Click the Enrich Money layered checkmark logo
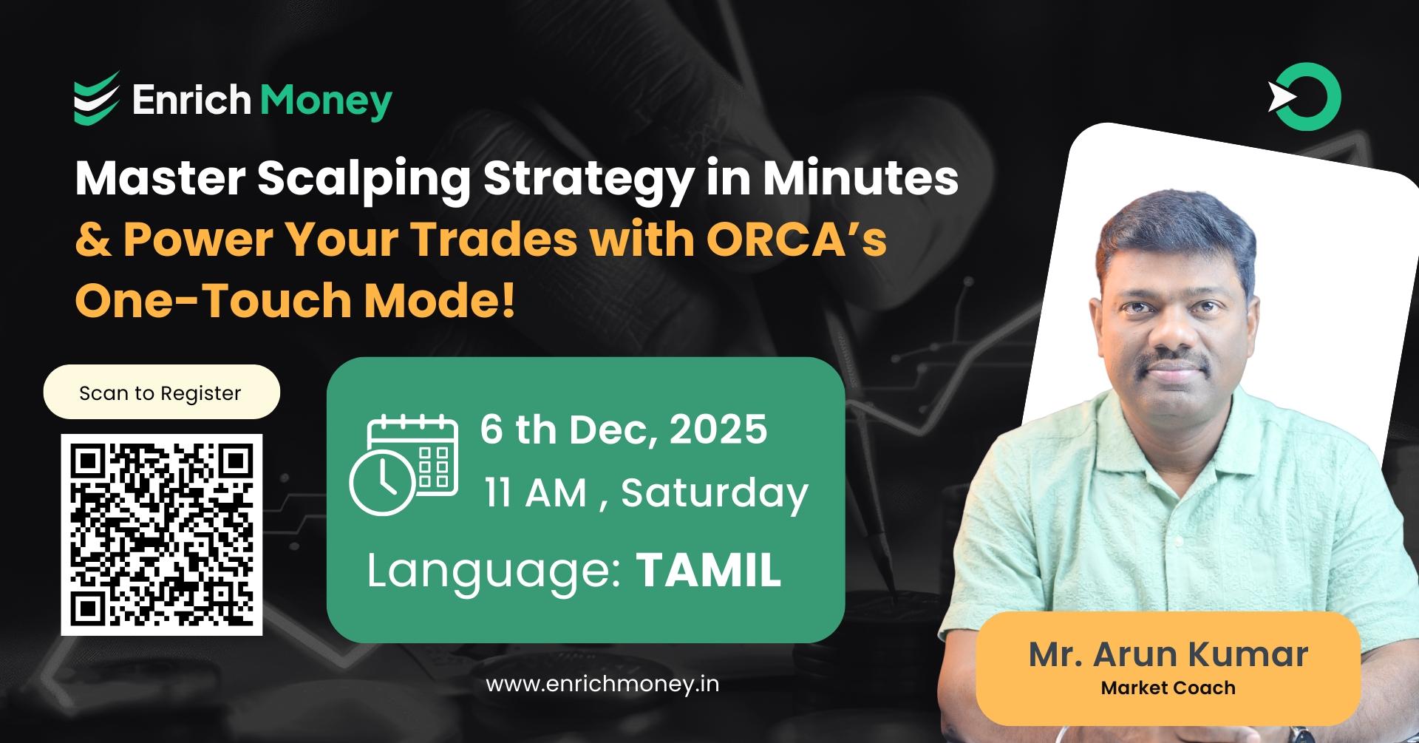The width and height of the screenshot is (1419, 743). pos(96,98)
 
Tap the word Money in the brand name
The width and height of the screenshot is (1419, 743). pos(327,101)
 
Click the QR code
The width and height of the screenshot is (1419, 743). pos(162,535)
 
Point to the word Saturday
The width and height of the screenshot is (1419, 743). pos(715,493)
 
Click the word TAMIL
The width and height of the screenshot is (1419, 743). pos(708,570)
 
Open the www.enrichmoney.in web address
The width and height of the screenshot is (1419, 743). pos(602,684)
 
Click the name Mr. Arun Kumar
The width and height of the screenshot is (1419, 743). pos(1168,654)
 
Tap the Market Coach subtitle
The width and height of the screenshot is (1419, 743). pos(1168,688)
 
